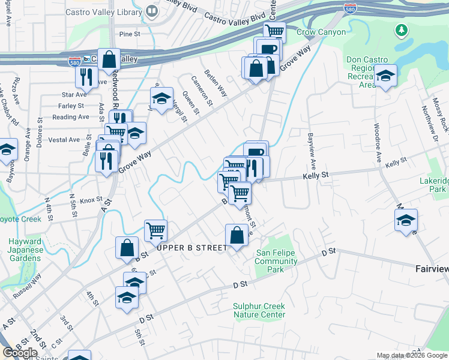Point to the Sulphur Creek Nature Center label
[259, 310]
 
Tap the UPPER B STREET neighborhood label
[192, 248]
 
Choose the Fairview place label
[432, 269]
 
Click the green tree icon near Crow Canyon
[400, 29]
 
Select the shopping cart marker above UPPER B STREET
[155, 230]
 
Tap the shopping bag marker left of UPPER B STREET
[127, 248]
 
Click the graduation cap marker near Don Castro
[385, 76]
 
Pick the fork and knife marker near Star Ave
[86, 76]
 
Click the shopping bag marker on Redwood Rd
[109, 59]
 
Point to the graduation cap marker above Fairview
[406, 220]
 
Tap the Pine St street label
[129, 34]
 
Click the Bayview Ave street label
[311, 152]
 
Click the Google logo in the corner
[19, 353]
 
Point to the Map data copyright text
[411, 355]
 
